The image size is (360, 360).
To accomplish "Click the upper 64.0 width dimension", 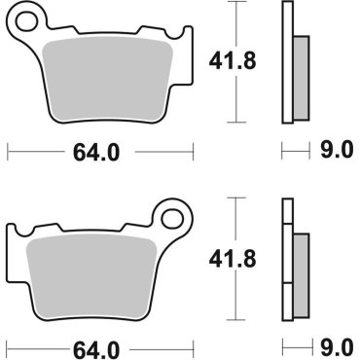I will (88, 151).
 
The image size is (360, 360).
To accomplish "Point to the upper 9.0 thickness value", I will (333, 151).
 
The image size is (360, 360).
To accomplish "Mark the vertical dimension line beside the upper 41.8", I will (234, 63).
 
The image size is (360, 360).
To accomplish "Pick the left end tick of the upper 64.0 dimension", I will (8, 151).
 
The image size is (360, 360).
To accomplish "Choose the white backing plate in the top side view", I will (287, 63).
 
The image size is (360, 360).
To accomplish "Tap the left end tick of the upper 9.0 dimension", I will (282, 151).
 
